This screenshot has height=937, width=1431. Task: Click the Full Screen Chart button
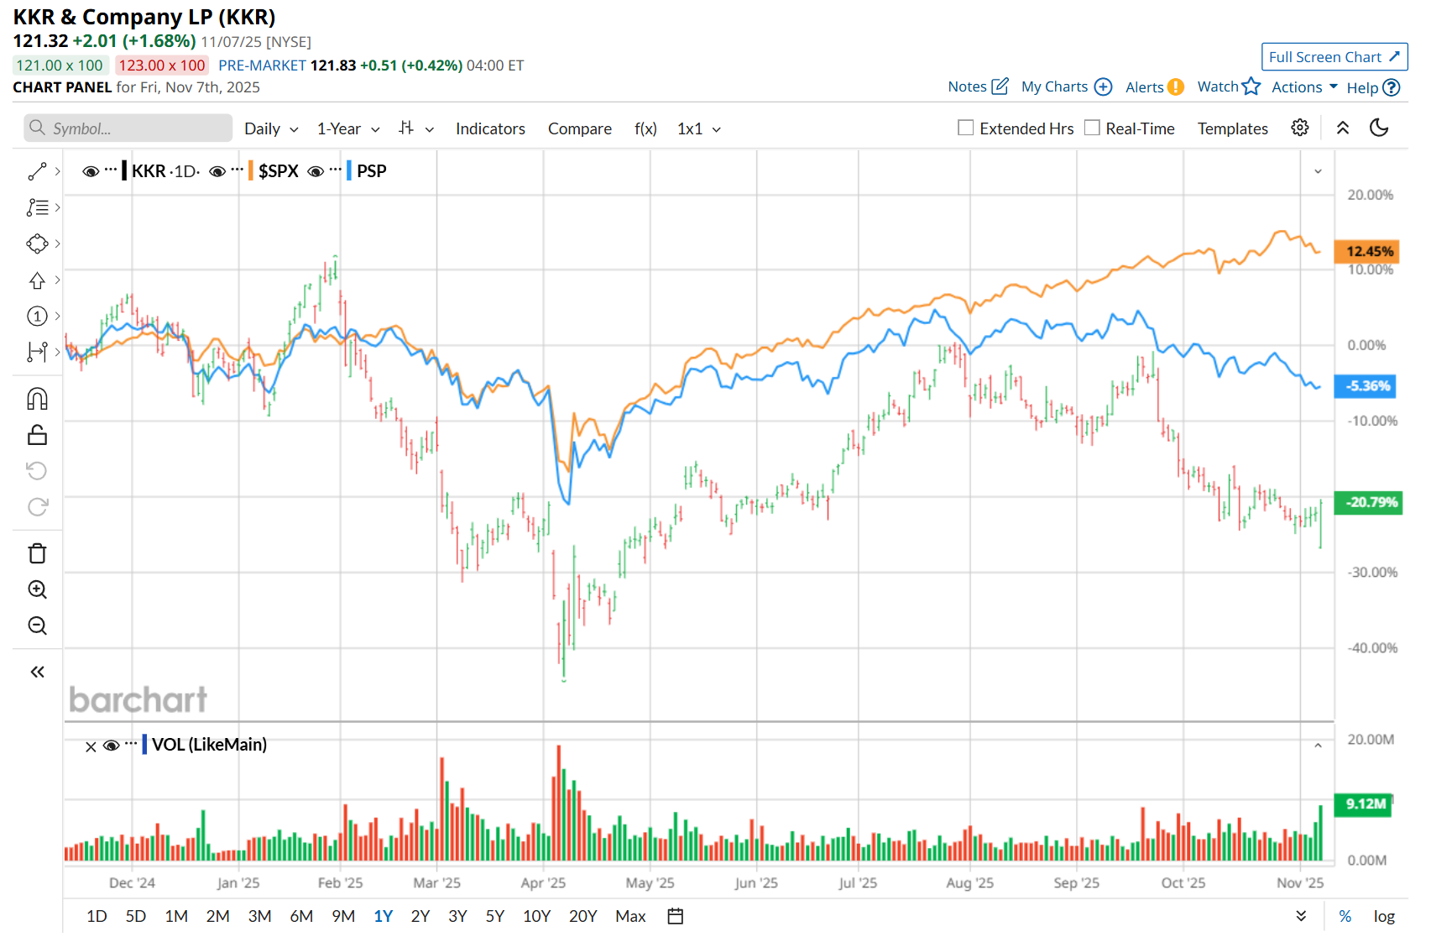(1334, 57)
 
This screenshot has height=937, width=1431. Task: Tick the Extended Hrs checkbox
(966, 128)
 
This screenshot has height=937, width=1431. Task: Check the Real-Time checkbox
(1092, 128)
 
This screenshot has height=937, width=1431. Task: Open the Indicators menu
(490, 128)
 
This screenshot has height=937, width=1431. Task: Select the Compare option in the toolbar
(579, 128)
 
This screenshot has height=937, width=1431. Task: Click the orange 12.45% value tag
(1368, 251)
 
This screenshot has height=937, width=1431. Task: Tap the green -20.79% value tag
(1368, 502)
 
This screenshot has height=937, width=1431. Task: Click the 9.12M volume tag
(1365, 804)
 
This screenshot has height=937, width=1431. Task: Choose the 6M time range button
(301, 916)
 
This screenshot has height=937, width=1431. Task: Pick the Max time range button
(630, 916)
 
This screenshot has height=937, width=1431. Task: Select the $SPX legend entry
(278, 171)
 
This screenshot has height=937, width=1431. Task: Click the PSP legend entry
(371, 171)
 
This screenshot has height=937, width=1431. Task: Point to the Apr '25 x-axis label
(543, 882)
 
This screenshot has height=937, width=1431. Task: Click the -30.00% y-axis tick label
(1372, 573)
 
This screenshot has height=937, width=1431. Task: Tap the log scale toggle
(1384, 916)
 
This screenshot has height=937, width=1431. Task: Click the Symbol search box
(128, 128)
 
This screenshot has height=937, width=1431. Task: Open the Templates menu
(1232, 128)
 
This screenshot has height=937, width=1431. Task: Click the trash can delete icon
(37, 553)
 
